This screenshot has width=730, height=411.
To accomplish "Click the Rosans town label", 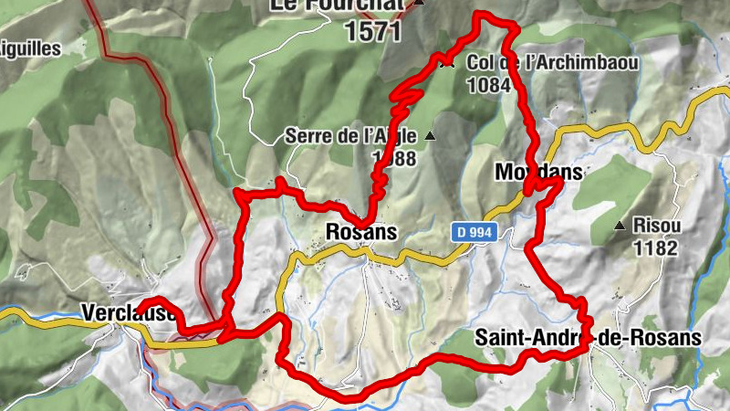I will click(361, 232).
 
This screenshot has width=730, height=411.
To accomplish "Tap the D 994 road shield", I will click(474, 233).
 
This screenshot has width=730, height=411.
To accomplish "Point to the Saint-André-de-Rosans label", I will click(588, 338).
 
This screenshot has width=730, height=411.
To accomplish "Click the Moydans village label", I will click(537, 172).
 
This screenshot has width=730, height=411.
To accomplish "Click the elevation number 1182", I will click(658, 247).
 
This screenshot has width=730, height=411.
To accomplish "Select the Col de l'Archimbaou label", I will click(552, 64).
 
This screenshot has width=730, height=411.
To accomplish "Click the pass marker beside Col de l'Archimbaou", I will click(447, 64).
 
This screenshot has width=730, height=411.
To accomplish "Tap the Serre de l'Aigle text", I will click(350, 137).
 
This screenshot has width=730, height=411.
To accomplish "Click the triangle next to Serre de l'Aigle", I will click(431, 137).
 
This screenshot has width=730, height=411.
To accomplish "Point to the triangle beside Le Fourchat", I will click(419, 4).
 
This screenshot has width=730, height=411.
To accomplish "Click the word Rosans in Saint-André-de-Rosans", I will click(669, 338).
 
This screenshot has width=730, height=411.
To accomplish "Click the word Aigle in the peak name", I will click(395, 137).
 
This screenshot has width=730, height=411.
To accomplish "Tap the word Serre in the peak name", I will click(305, 137).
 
